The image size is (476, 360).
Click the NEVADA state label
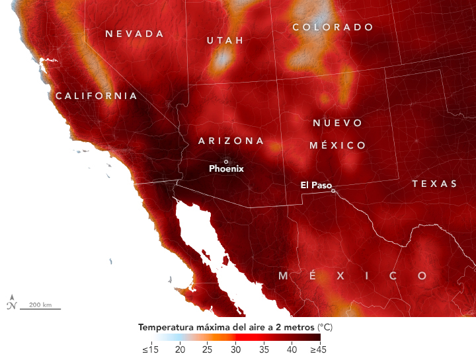click(x=134, y=34)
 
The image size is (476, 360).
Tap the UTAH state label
click(x=221, y=40)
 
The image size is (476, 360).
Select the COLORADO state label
click(x=333, y=27)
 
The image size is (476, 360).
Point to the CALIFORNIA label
click(x=97, y=96)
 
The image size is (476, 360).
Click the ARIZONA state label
click(x=231, y=141)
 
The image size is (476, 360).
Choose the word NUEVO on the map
click(x=338, y=123)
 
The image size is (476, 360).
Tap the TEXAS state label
click(x=434, y=184)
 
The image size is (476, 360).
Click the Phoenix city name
click(x=226, y=168)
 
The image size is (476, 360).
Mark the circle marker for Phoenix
click(x=226, y=161)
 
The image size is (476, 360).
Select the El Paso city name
click(x=316, y=185)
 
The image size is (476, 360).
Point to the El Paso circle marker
click(x=333, y=191)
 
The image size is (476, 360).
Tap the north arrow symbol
click(x=11, y=303)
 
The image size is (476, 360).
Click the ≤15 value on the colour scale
click(x=149, y=348)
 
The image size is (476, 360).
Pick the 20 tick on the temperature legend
click(x=179, y=348)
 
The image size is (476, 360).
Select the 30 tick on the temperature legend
click(x=235, y=348)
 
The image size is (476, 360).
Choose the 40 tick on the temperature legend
click(x=292, y=348)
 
